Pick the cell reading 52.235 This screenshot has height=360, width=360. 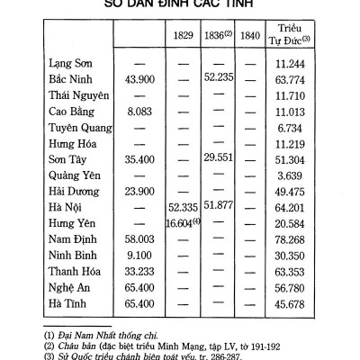pyautogui.click(x=219, y=78)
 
